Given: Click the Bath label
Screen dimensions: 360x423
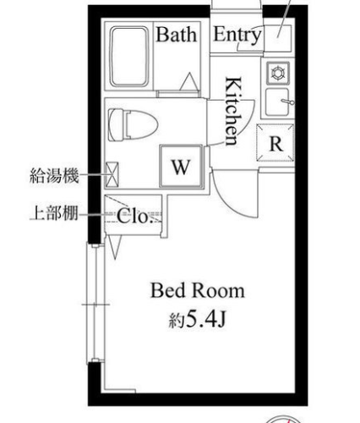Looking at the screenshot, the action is pyautogui.click(x=177, y=35).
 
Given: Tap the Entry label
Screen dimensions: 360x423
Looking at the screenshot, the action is pyautogui.click(x=237, y=35).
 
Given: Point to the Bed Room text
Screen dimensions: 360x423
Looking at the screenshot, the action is pyautogui.click(x=198, y=291).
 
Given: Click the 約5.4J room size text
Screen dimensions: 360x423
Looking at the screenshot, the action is pyautogui.click(x=198, y=320).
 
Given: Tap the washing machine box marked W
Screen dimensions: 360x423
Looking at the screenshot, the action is pyautogui.click(x=181, y=166).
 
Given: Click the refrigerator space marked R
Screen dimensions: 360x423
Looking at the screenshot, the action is pyautogui.click(x=275, y=142).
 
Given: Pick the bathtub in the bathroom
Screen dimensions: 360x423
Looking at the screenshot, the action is pyautogui.click(x=129, y=57).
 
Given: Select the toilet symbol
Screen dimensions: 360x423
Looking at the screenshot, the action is pyautogui.click(x=133, y=125).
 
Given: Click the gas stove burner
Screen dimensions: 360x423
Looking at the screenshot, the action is pyautogui.click(x=278, y=73).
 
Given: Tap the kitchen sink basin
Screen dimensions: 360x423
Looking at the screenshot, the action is pyautogui.click(x=277, y=102).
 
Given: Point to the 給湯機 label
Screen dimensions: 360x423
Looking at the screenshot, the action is pyautogui.click(x=54, y=176).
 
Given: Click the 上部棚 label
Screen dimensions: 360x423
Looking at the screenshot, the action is pyautogui.click(x=54, y=213).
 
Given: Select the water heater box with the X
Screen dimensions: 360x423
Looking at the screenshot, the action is pyautogui.click(x=112, y=174).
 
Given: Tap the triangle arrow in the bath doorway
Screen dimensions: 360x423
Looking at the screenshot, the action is pyautogui.click(x=189, y=81).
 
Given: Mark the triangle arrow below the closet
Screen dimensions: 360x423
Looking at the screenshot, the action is pyautogui.click(x=115, y=247).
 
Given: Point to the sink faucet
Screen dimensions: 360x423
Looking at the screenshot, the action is pyautogui.click(x=288, y=102).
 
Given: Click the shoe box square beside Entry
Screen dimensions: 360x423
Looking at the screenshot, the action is pyautogui.click(x=278, y=38).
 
